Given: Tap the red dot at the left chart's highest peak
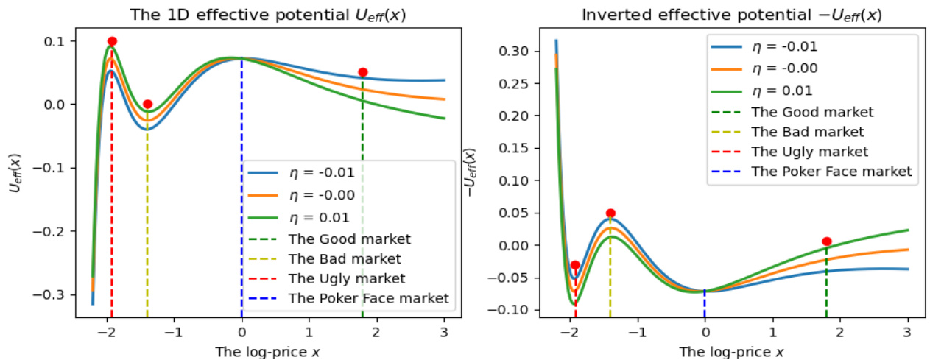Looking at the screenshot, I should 112,41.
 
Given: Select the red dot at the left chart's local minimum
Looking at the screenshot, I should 147,104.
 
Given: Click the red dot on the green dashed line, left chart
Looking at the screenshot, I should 362,72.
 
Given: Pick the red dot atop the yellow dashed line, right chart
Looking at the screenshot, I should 610,213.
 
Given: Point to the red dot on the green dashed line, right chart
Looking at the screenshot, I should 827,241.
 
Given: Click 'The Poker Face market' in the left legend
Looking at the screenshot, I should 368,298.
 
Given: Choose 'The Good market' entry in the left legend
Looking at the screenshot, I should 349,239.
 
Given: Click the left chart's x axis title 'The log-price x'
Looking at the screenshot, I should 268,351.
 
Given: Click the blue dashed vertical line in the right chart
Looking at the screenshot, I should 705,302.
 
